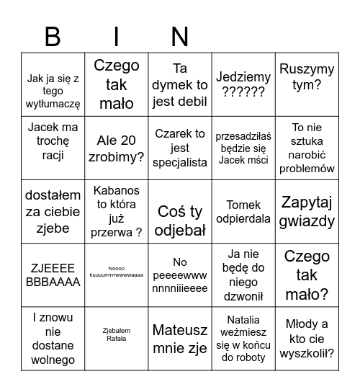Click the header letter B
tap(53, 37)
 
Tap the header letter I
tap(117, 37)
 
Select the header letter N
tap(180, 37)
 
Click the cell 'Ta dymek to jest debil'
tap(180, 85)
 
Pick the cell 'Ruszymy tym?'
tap(307, 85)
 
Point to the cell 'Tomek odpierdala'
tap(243, 212)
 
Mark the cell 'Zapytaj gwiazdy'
tap(307, 212)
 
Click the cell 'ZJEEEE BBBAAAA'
tap(53, 275)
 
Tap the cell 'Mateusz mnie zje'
tap(180, 339)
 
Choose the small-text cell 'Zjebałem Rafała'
tap(117, 335)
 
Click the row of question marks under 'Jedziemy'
tap(243, 92)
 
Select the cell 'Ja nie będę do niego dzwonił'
tap(243, 275)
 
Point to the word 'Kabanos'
tap(117, 190)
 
